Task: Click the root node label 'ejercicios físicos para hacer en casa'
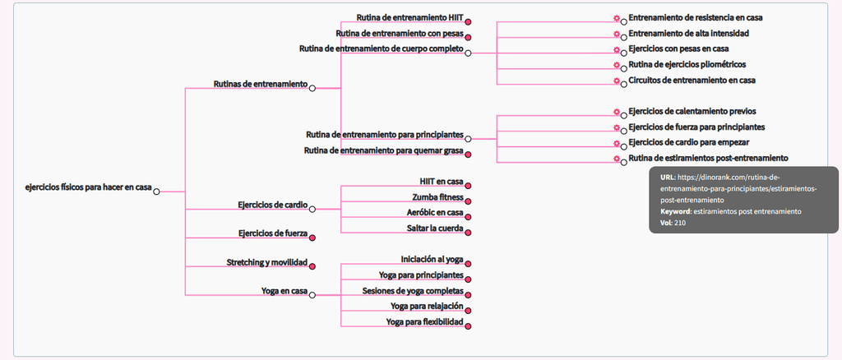pos(88,187)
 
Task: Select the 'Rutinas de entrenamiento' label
pos(260,84)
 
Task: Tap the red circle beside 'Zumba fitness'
pos(468,201)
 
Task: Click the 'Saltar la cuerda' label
pos(435,228)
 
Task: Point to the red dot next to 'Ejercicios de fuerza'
pos(312,237)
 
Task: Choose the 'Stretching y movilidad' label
pos(266,262)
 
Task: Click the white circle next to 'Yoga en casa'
pos(312,294)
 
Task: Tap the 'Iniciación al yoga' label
pos(432,259)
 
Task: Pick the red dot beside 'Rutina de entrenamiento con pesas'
pos(468,37)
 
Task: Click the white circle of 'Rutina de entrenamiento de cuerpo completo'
pos(468,53)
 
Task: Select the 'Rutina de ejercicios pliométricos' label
pos(687,64)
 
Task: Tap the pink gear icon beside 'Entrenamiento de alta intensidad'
pos(616,35)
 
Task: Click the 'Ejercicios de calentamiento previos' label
pos(692,111)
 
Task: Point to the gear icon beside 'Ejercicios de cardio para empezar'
pos(616,143)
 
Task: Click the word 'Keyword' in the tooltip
pos(674,211)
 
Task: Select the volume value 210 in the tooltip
pos(680,223)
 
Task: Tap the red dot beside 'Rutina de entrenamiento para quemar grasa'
pos(468,154)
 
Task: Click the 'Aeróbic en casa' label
pos(435,212)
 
